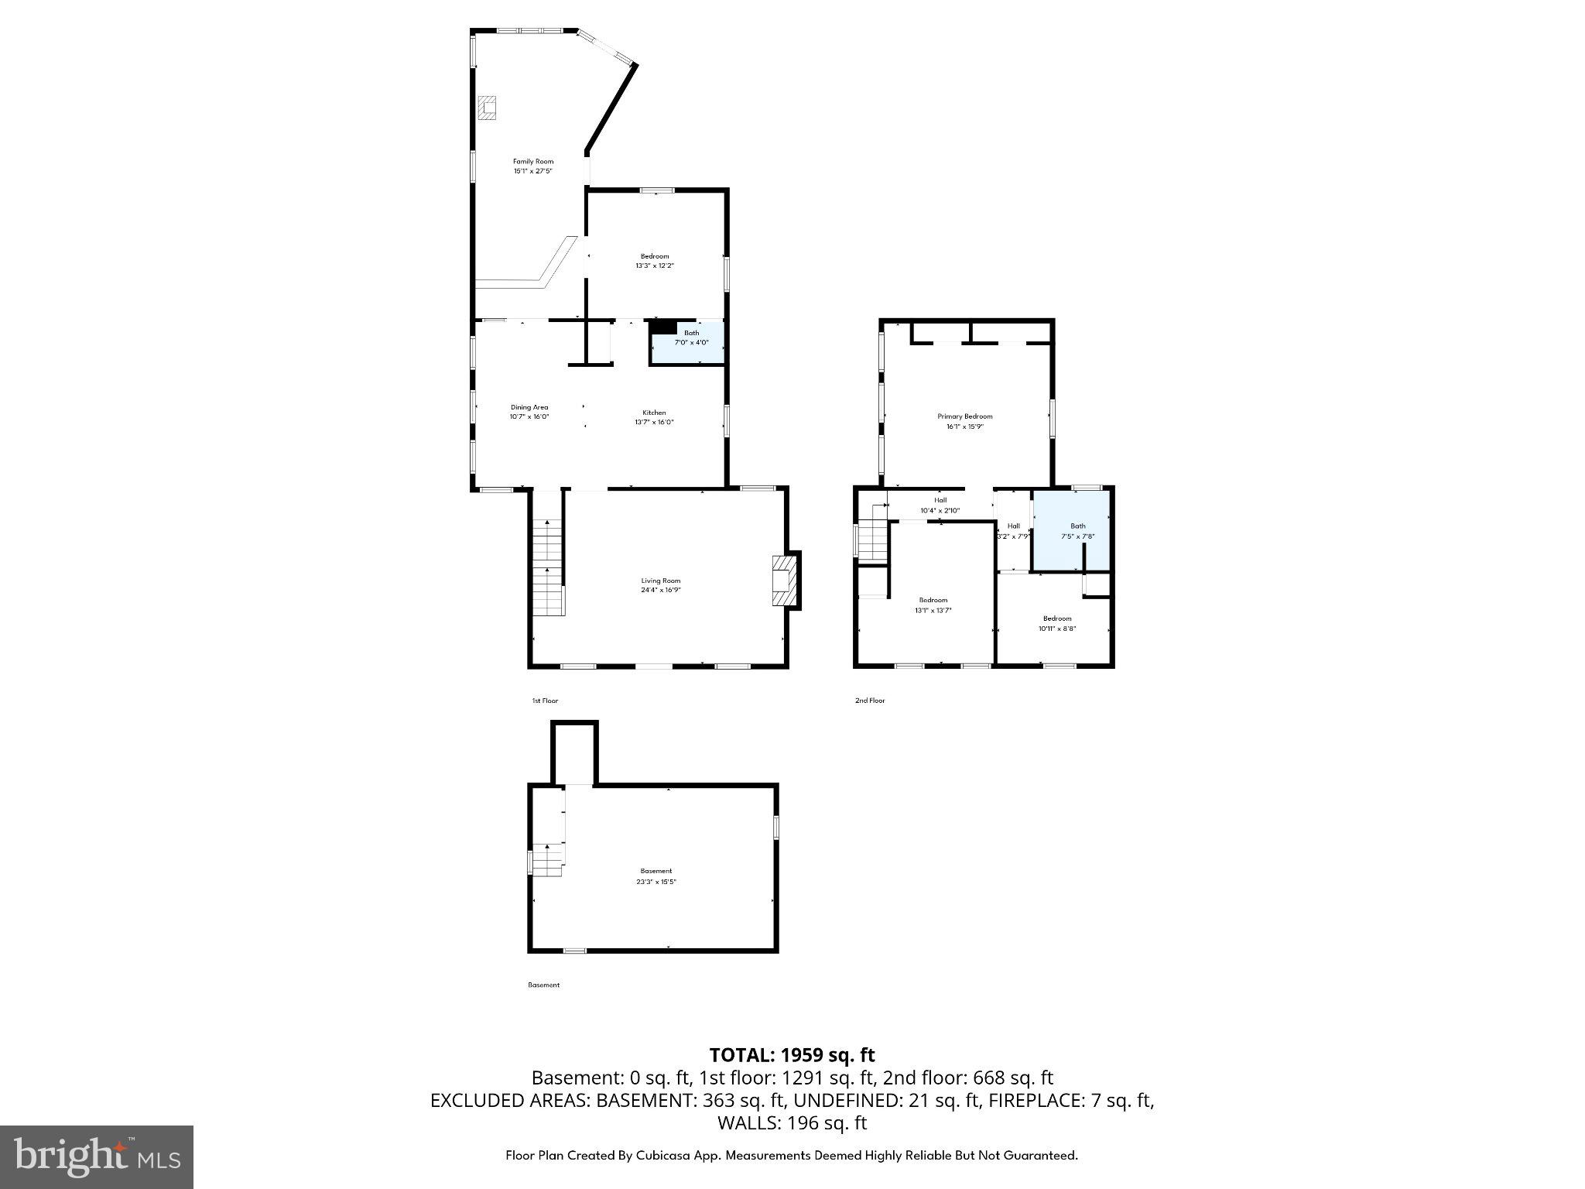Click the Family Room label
pos(533,162)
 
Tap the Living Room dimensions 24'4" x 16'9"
pos(660,590)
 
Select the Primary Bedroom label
pos(964,416)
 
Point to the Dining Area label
pos(529,407)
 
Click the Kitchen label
pos(654,413)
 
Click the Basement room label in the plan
pos(656,871)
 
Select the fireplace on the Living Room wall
pos(785,580)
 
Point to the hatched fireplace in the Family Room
pos(487,108)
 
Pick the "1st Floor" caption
pos(544,701)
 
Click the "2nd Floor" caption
pos(869,701)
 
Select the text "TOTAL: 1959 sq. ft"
pos(792,1054)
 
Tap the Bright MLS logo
pos(97,1156)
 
